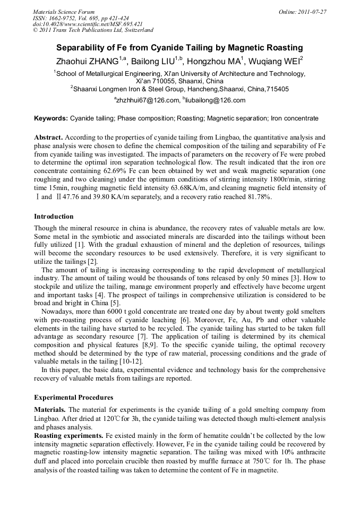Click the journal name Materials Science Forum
click(x=64, y=12)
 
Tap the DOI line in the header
click(x=88, y=24)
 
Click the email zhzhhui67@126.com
click(x=144, y=100)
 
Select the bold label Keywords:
click(x=51, y=118)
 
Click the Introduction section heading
click(x=54, y=217)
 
